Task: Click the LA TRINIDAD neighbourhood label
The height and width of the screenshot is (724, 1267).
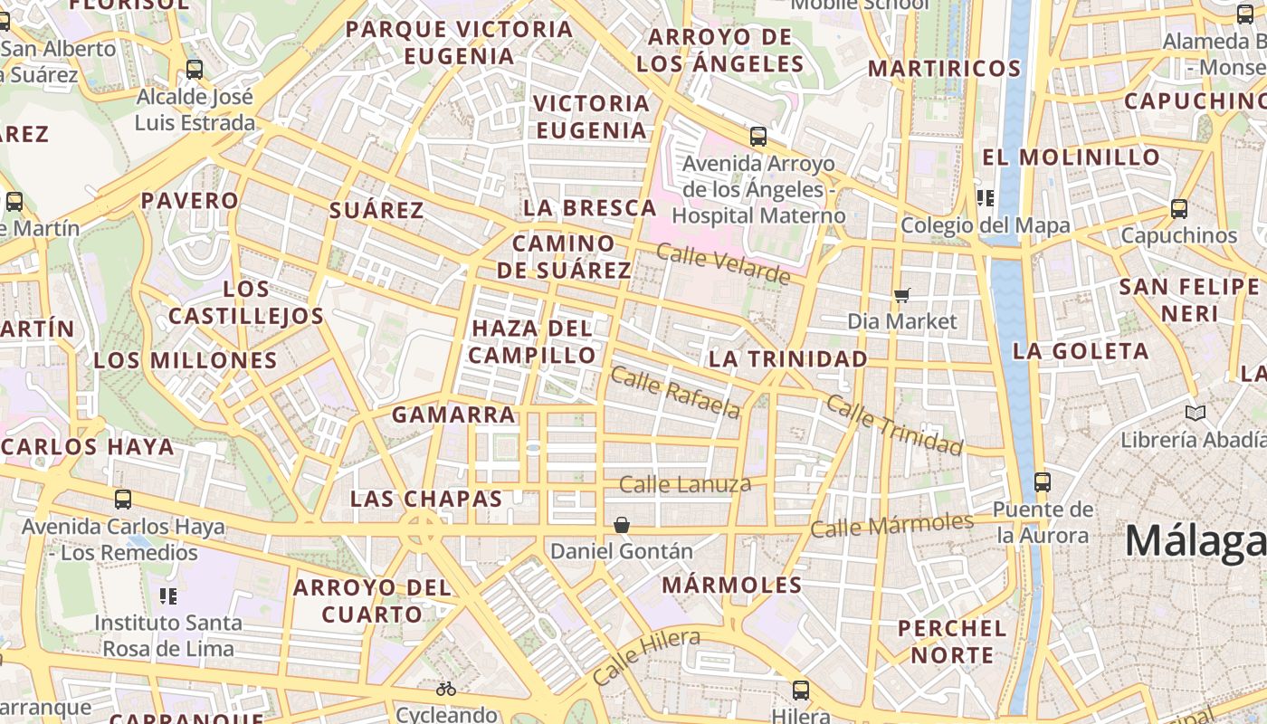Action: click(x=787, y=358)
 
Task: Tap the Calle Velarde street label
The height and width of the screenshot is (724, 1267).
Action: click(x=723, y=263)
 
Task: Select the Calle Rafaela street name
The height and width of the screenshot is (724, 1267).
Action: click(x=675, y=392)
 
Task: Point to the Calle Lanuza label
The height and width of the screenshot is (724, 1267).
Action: click(x=685, y=484)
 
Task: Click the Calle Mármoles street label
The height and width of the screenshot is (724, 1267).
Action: click(x=891, y=525)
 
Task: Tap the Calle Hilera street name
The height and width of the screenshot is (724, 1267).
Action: click(x=646, y=656)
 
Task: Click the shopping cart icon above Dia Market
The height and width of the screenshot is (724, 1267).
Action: click(x=901, y=295)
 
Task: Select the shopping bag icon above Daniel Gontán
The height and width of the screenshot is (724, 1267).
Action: click(x=622, y=525)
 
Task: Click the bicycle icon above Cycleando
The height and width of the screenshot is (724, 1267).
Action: click(x=446, y=689)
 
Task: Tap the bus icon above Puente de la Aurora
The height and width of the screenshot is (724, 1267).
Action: click(x=1043, y=482)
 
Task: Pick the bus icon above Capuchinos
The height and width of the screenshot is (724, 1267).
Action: click(x=1178, y=209)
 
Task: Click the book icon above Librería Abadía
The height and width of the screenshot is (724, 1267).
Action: click(x=1196, y=414)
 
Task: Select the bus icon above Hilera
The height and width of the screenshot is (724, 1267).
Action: click(x=801, y=691)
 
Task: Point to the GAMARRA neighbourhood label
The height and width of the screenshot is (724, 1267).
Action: click(x=453, y=414)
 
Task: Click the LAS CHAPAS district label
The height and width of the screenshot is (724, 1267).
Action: click(x=426, y=499)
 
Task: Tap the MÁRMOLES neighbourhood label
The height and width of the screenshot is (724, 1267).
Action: click(x=732, y=585)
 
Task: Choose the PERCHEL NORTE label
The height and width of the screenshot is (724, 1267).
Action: click(x=952, y=641)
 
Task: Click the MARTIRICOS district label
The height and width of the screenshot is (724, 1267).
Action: click(x=944, y=69)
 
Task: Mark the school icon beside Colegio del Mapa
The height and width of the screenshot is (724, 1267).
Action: click(x=986, y=198)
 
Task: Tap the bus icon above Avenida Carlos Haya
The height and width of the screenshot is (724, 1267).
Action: click(x=123, y=499)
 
